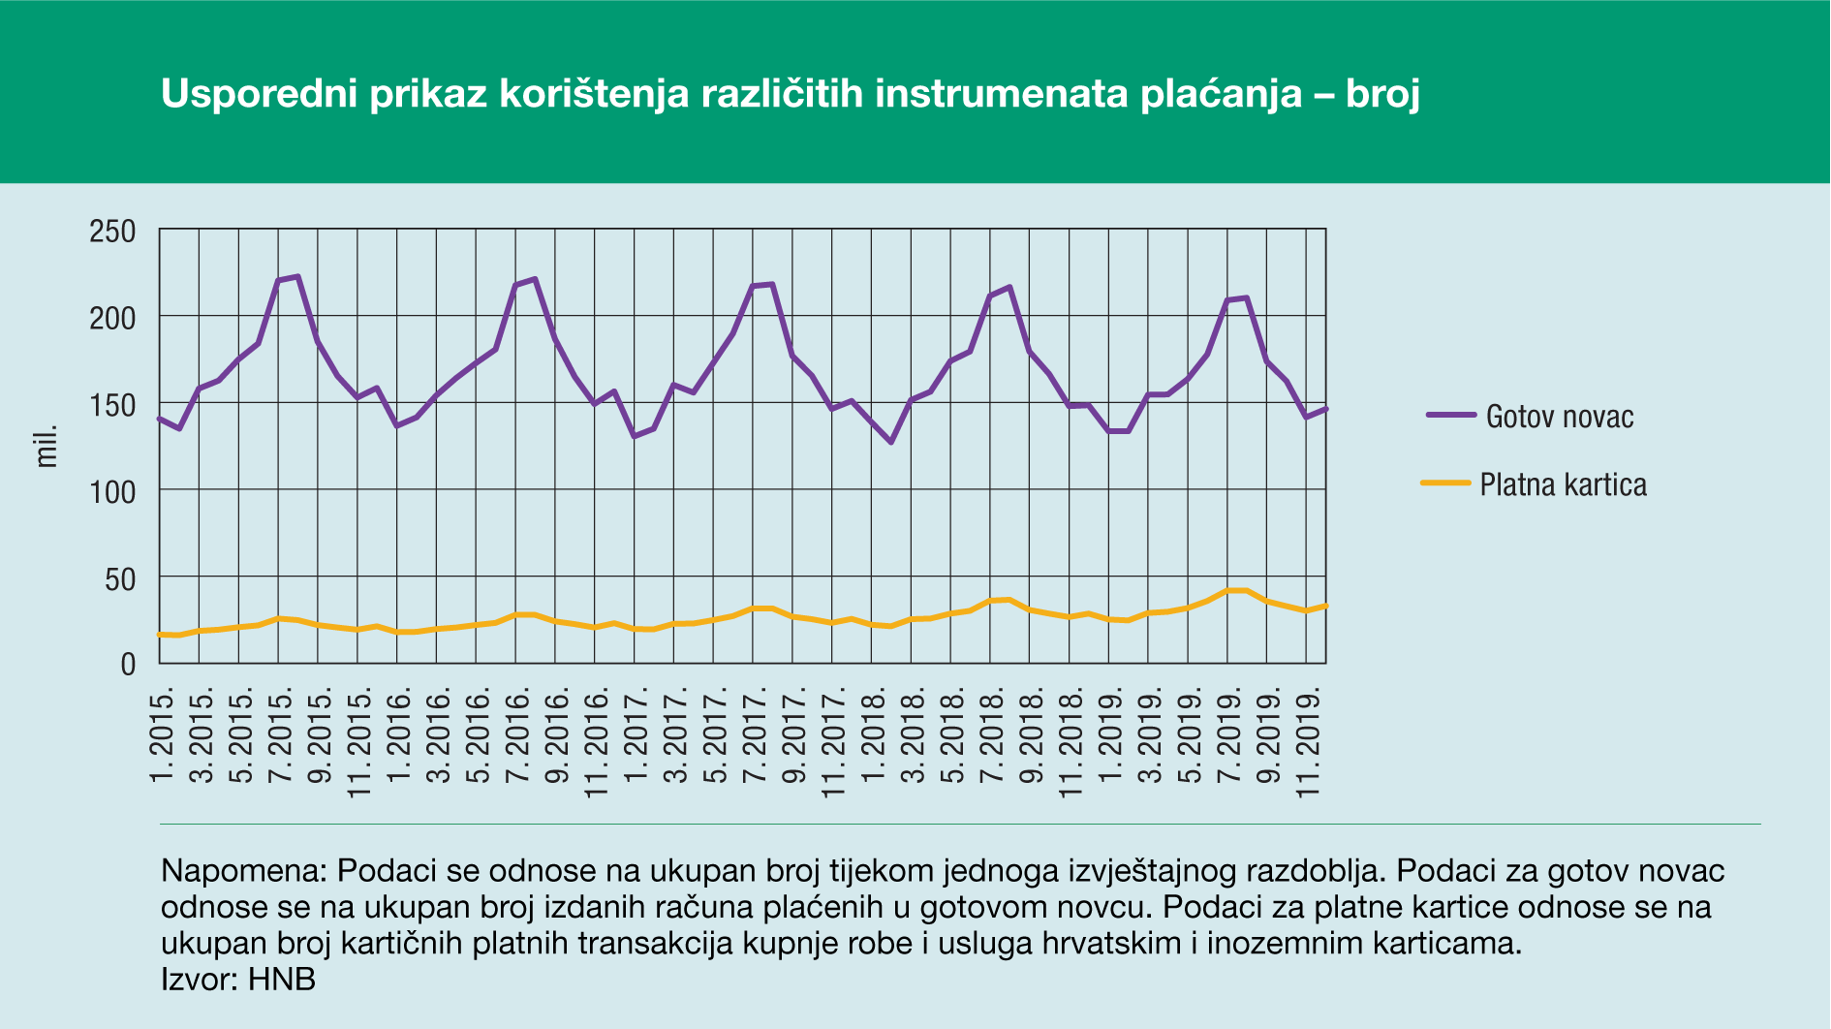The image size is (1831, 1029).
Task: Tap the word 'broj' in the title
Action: (x=1382, y=94)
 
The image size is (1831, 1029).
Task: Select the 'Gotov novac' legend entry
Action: (x=1559, y=417)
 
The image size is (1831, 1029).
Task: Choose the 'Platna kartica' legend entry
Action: (x=1563, y=484)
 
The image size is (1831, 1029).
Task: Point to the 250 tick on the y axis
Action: (x=112, y=232)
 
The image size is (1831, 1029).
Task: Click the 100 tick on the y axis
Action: (x=112, y=492)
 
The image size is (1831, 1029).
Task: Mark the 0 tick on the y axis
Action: (x=128, y=665)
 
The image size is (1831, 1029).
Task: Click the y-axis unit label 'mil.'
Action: (x=47, y=446)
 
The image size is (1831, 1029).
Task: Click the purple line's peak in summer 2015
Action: (x=297, y=276)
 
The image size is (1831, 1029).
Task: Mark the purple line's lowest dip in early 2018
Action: (x=891, y=442)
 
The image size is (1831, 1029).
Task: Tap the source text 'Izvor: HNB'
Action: (x=238, y=979)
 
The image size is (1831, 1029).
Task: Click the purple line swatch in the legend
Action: (x=1450, y=415)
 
